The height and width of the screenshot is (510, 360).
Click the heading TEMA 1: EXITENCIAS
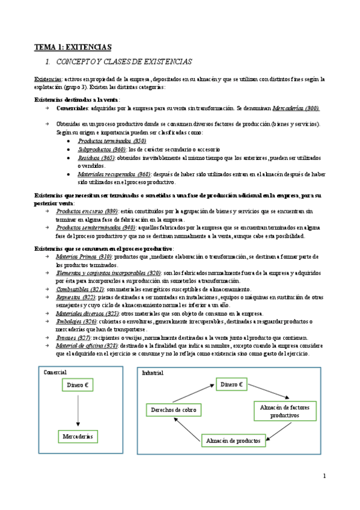(72, 46)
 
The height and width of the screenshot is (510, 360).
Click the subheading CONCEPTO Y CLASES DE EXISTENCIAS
(123, 62)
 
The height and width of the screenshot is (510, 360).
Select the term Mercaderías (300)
(296, 108)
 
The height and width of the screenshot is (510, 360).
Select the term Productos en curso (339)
(87, 212)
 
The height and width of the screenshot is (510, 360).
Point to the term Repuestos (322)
(76, 297)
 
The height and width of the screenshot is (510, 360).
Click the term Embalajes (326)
(76, 322)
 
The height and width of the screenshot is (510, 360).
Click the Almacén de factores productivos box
(284, 411)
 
